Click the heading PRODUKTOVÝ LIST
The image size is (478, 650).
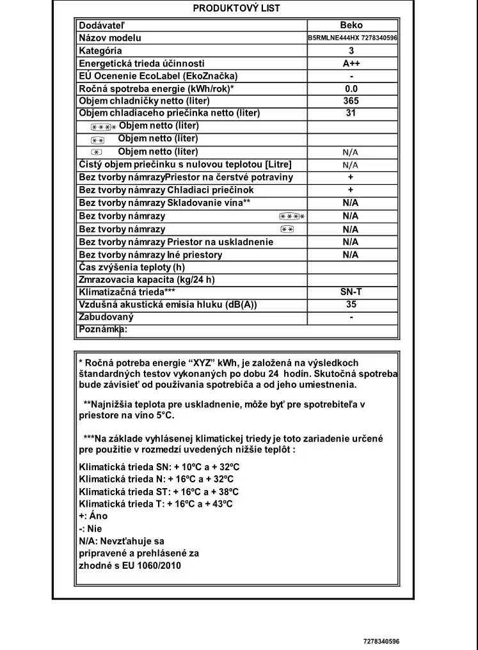[x=236, y=8]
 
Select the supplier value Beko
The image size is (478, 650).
[x=351, y=26]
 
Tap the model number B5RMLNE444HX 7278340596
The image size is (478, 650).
[x=353, y=38]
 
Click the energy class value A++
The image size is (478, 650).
[x=351, y=63]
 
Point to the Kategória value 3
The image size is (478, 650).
[x=351, y=51]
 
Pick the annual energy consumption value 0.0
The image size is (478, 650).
[x=351, y=89]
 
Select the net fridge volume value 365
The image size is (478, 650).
[x=351, y=101]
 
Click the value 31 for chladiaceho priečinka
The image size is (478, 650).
[x=351, y=113]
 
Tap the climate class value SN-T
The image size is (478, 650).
[x=351, y=292]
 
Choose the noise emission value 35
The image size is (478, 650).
[x=351, y=305]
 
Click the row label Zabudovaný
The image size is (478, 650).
[x=106, y=317]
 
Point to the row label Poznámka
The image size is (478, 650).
[x=102, y=329]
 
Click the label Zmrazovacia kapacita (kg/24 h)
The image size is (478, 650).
[x=147, y=280]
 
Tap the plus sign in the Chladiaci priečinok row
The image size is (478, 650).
[x=351, y=190]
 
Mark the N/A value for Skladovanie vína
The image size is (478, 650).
[x=351, y=203]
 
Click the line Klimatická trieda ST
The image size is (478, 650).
[x=159, y=492]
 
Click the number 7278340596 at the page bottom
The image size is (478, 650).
[x=381, y=641]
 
